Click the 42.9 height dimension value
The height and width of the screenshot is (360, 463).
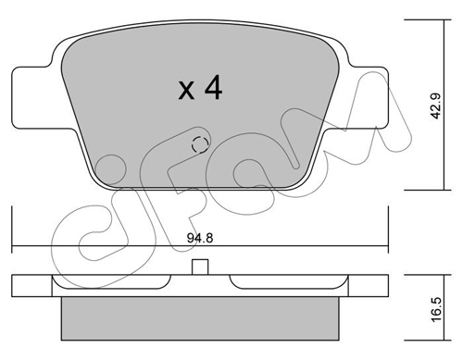(437, 106)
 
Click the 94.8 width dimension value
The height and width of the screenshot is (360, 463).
(200, 238)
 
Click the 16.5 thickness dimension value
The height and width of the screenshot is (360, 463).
(437, 310)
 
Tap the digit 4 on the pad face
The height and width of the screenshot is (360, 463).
(214, 87)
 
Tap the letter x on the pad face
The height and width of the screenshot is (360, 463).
(186, 91)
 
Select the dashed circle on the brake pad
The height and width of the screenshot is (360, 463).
(200, 144)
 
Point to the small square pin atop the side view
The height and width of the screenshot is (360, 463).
(200, 267)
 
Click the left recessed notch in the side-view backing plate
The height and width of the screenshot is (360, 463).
(112, 281)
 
